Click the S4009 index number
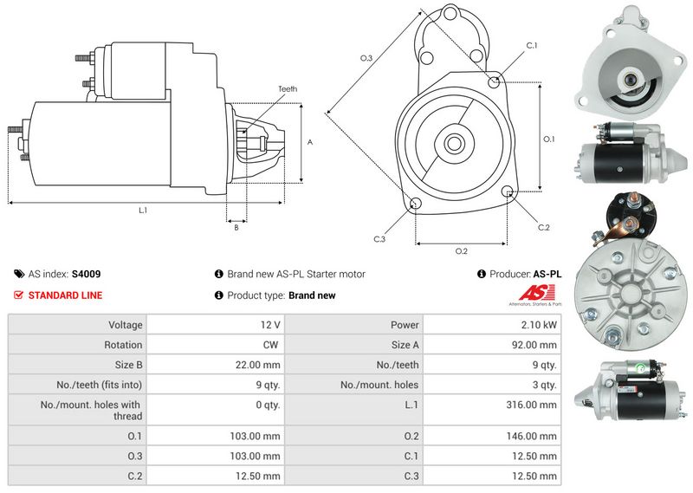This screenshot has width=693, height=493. click(x=86, y=274)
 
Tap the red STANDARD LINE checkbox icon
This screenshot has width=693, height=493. click(x=19, y=295)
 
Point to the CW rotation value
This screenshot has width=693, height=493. click(x=270, y=345)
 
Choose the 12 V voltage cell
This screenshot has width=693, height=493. click(x=270, y=325)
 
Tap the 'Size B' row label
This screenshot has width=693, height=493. click(x=127, y=365)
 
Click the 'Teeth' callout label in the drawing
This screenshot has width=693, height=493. click(x=288, y=89)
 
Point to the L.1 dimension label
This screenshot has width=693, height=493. click(x=143, y=211)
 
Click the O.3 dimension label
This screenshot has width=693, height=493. click(x=366, y=58)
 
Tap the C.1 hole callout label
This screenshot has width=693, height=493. click(x=531, y=45)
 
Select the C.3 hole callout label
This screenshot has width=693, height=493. click(x=379, y=239)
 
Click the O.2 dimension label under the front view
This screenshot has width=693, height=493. click(x=462, y=251)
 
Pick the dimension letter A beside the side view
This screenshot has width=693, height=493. click(x=309, y=141)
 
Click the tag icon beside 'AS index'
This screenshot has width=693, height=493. click(x=19, y=274)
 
